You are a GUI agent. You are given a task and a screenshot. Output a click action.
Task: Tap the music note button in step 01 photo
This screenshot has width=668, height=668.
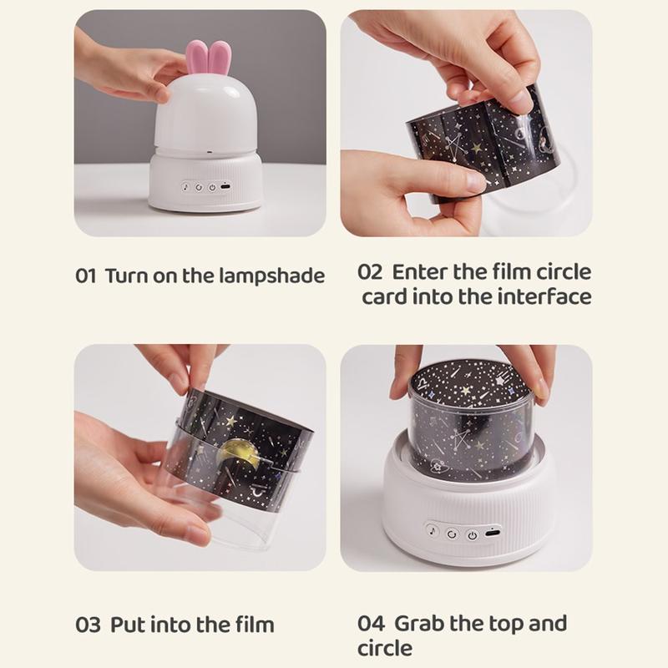tap(185, 186)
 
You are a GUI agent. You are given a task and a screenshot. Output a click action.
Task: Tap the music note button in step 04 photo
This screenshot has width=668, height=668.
tap(433, 531)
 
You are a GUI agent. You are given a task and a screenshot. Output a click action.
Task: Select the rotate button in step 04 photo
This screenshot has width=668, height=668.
tap(452, 534)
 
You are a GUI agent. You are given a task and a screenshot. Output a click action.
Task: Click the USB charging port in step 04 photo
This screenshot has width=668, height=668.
tap(493, 533)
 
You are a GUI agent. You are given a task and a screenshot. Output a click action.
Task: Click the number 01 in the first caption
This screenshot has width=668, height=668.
tap(86, 276)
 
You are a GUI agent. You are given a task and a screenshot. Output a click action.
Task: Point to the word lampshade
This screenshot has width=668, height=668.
tap(272, 276)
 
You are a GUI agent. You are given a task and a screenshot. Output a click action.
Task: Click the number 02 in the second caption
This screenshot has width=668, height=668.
tap(369, 273)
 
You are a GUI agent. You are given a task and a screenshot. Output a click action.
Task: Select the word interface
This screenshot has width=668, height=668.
tap(545, 296)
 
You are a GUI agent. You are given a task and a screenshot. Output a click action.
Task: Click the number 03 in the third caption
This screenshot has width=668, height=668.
tap(89, 625)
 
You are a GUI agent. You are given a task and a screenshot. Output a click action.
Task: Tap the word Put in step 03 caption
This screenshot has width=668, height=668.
tap(128, 625)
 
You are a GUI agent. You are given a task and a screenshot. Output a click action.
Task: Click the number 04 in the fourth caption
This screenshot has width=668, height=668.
tap(371, 623)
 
